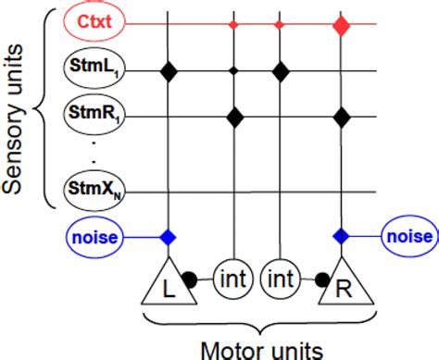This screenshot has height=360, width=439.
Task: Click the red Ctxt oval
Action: pyautogui.click(x=93, y=19)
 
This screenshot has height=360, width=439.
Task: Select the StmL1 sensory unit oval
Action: pyautogui.click(x=93, y=68)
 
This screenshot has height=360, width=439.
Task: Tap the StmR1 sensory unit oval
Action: pyautogui.click(x=93, y=116)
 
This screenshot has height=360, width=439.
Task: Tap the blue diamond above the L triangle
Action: pyautogui.click(x=168, y=238)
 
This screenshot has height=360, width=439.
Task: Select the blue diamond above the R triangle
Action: pyautogui.click(x=342, y=238)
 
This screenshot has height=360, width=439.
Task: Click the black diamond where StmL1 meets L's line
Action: pyautogui.click(x=168, y=69)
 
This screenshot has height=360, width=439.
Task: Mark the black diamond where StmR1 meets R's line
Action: pyautogui.click(x=342, y=117)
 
